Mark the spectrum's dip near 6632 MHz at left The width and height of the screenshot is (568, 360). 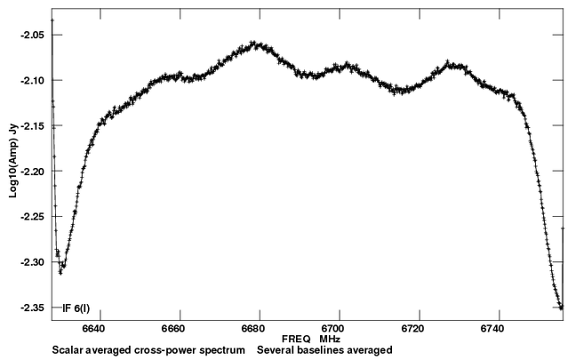tap(61, 270)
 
